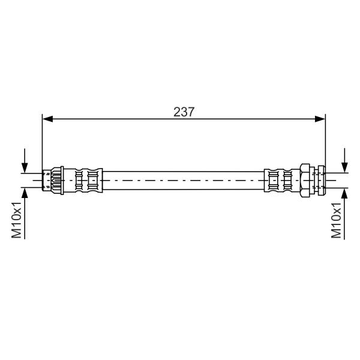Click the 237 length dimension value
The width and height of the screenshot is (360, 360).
pos(184,112)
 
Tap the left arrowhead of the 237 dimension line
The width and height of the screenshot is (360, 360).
pos(48,119)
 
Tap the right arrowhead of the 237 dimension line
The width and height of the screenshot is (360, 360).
pos(320,119)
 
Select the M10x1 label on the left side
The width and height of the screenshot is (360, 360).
pos(17,220)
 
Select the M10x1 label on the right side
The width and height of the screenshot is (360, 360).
pos(336,220)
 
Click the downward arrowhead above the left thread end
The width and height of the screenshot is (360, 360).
pos(25,167)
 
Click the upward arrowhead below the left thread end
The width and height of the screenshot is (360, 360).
pos(25,193)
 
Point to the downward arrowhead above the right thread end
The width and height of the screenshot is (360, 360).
pos(344,167)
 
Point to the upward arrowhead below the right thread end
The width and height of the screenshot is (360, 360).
pos(344,193)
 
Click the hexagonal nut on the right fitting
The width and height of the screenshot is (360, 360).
pos(305,180)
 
